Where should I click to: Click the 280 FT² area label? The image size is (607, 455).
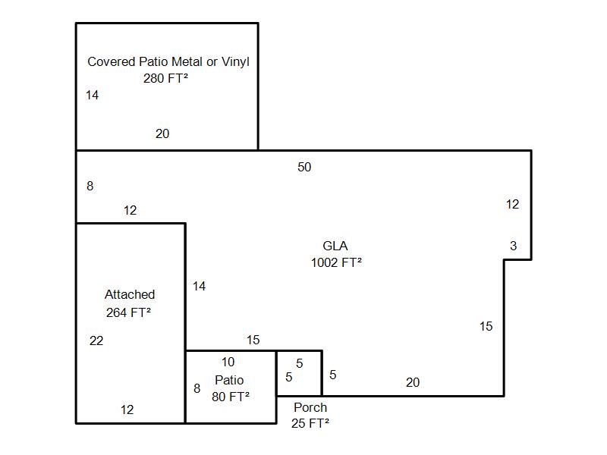click(165, 78)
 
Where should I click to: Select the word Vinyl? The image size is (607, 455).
click(235, 62)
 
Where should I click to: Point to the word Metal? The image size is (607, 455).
click(187, 61)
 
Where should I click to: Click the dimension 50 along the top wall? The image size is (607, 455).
click(304, 167)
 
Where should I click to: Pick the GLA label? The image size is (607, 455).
click(335, 246)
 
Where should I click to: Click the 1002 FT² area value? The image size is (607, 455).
click(336, 262)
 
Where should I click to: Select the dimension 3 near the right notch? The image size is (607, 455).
click(514, 246)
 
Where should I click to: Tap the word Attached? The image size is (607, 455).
click(130, 294)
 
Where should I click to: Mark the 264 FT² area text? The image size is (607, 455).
click(128, 312)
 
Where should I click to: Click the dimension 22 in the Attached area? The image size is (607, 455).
click(96, 340)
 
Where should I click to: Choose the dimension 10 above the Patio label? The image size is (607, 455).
click(228, 362)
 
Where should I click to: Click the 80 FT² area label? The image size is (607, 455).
click(231, 397)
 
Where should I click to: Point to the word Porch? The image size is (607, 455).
click(310, 407)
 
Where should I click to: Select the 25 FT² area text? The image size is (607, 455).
click(310, 423)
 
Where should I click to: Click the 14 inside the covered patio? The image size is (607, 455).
click(92, 96)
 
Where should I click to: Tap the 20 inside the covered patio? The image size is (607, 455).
click(162, 134)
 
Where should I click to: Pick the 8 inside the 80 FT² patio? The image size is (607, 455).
click(197, 388)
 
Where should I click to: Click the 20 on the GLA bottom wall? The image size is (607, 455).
click(413, 383)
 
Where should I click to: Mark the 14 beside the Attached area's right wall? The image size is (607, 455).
click(199, 287)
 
